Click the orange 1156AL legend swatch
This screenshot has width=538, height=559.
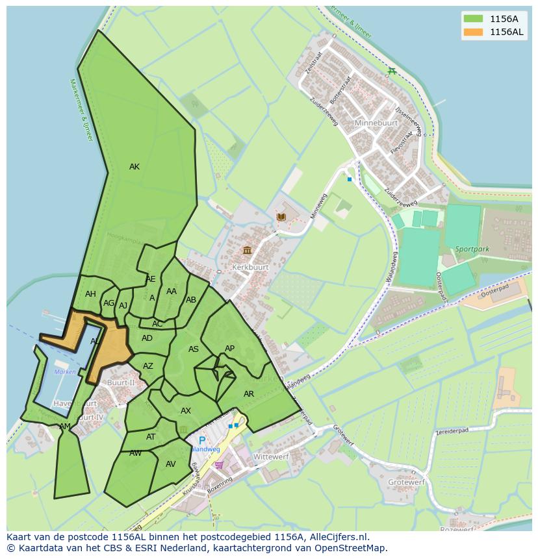pos(472,32)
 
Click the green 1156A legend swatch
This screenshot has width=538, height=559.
pos(472,19)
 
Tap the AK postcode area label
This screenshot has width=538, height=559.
pos(134,167)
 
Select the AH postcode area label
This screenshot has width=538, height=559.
pos(90,294)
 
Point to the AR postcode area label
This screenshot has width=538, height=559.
pos(249,394)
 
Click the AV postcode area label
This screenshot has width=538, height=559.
pos(171,464)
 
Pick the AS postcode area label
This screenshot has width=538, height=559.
pos(194,349)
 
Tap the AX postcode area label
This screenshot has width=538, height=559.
pos(186,411)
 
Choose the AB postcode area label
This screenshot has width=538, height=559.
pos(191,300)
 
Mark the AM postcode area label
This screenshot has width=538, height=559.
pos(65,427)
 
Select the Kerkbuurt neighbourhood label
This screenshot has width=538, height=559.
pos(250,267)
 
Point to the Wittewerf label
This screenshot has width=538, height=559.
pos(271,457)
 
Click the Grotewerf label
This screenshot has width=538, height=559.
pos(406,482)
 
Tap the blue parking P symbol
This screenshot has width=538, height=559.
pos(202,440)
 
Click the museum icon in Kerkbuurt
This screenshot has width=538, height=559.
pos(247,251)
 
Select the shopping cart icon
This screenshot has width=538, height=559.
pos(219,464)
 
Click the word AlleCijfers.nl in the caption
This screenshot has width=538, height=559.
pos(337,537)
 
